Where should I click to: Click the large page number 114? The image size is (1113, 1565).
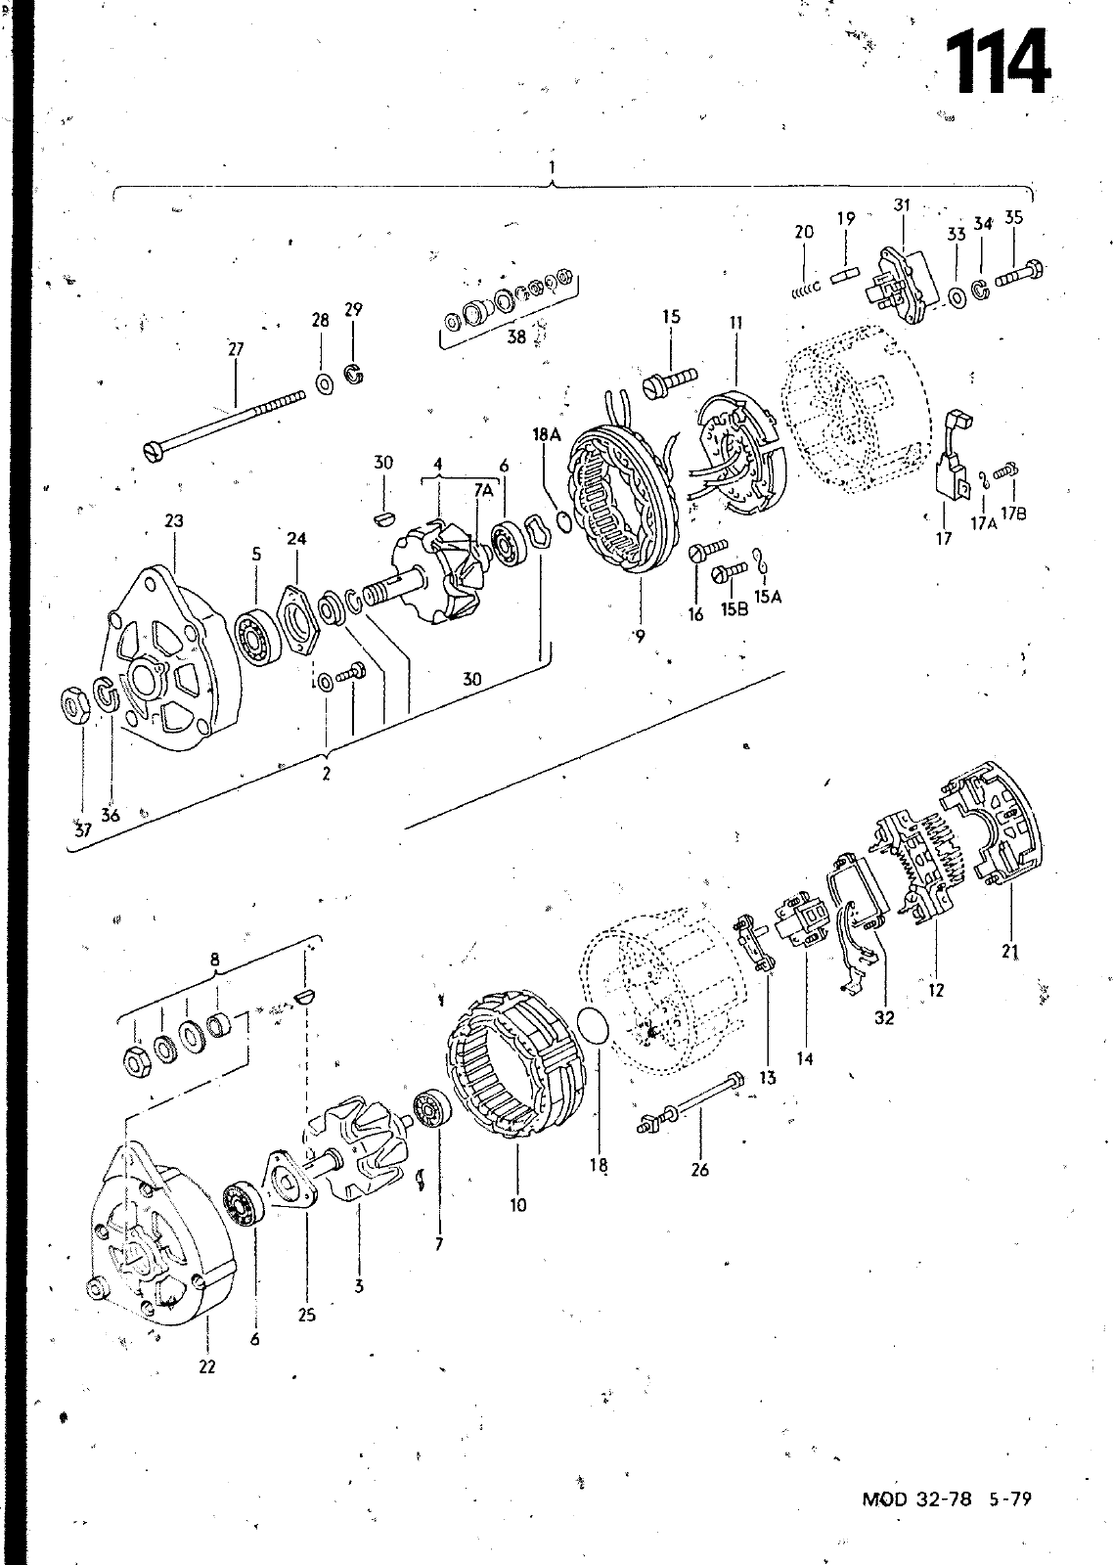(x=999, y=62)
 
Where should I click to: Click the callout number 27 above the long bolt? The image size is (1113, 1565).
(x=236, y=348)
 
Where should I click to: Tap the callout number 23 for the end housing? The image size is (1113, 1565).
(x=174, y=520)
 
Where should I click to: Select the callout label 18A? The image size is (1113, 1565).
(x=547, y=434)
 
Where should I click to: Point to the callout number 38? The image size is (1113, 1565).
(x=516, y=336)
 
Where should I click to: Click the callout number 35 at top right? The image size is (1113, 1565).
(x=1014, y=217)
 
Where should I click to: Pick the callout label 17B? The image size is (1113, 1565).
(x=1013, y=514)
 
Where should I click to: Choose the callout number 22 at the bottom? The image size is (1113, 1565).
(x=207, y=1366)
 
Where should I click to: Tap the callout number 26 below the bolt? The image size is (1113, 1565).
(x=699, y=1170)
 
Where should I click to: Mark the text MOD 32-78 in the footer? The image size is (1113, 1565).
(x=916, y=1498)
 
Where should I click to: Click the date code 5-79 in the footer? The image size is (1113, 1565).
(x=1010, y=1498)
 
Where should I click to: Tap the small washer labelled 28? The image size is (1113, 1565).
(x=325, y=383)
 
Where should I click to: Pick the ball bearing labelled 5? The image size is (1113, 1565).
(x=258, y=637)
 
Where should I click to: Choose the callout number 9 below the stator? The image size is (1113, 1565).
(x=640, y=636)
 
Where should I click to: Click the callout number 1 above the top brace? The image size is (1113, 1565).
(x=552, y=167)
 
